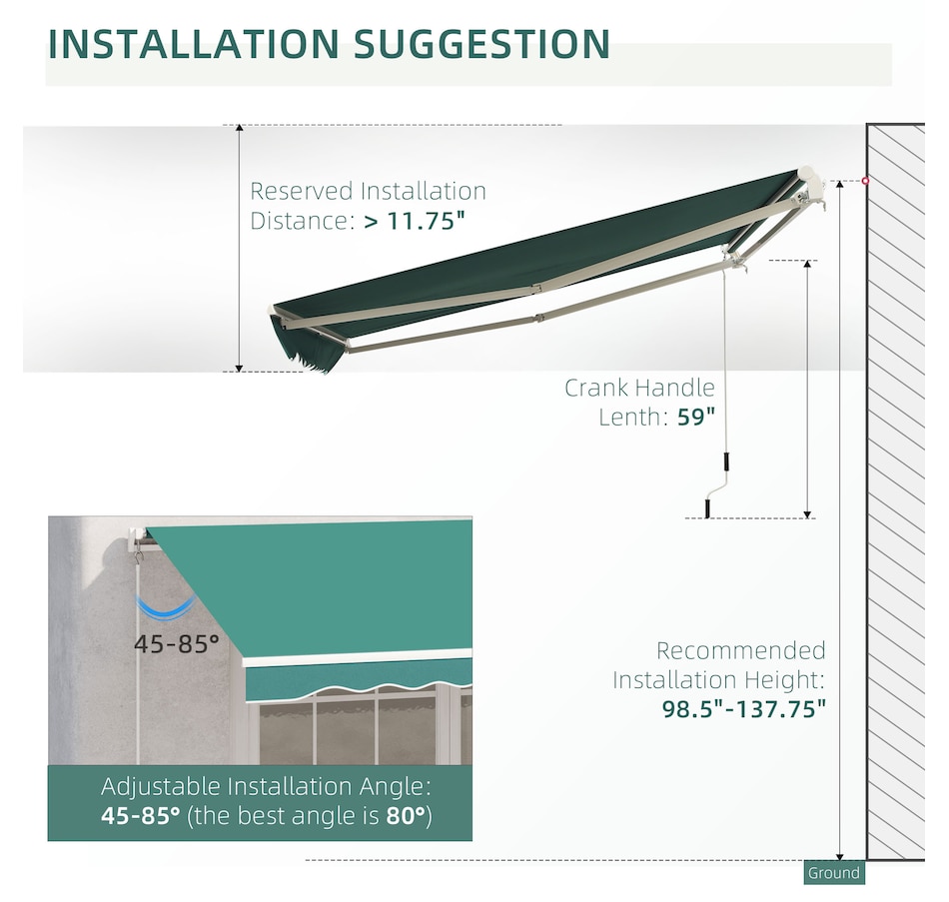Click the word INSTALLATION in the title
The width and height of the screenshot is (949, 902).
193,44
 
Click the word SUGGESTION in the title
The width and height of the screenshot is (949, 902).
481,44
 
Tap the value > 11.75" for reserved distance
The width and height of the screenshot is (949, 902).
415,221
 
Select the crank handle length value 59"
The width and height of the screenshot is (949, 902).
696,417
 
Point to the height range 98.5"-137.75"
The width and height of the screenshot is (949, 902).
744,708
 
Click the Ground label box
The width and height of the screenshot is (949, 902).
834,872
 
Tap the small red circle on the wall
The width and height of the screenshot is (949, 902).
865,181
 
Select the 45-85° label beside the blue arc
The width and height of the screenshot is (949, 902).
177,644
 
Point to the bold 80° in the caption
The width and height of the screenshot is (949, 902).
407,815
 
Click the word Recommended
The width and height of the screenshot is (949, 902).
741,650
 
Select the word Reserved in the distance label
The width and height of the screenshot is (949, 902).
302,192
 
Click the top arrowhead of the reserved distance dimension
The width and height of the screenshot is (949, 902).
239,128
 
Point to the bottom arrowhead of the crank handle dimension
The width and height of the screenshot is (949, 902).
807,514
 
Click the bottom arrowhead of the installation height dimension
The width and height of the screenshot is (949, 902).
839,856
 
